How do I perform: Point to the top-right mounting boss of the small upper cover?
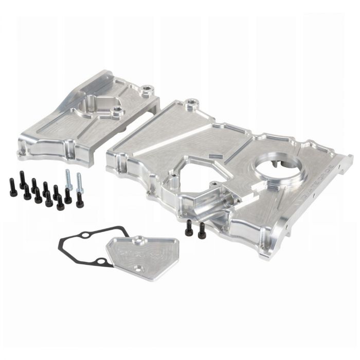point(149,91)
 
